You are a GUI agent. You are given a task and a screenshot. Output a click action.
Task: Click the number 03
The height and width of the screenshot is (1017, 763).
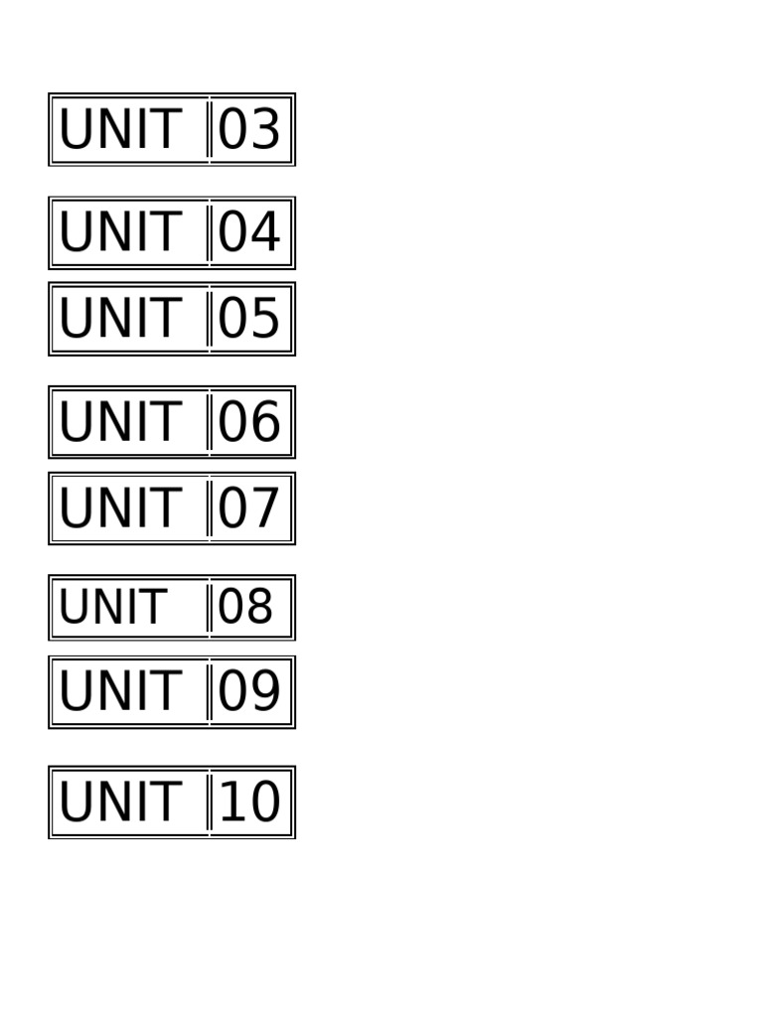(x=249, y=130)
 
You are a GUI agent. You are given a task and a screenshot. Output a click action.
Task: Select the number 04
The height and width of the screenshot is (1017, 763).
(x=249, y=233)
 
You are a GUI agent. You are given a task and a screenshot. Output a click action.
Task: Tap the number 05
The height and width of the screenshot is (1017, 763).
(x=249, y=320)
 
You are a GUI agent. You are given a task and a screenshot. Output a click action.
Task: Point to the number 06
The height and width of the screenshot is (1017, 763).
(x=249, y=423)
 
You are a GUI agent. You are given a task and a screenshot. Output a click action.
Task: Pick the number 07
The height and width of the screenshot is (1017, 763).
(x=249, y=509)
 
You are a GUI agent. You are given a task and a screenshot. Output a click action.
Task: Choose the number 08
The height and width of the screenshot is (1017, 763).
(x=245, y=608)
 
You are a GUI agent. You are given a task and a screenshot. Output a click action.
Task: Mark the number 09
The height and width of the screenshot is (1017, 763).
(x=249, y=692)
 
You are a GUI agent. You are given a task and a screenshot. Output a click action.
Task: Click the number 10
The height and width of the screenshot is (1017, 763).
(x=249, y=802)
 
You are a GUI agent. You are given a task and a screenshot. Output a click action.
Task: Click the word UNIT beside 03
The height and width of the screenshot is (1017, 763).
(x=119, y=130)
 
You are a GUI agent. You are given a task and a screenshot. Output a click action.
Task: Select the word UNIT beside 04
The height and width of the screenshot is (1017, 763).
(x=119, y=233)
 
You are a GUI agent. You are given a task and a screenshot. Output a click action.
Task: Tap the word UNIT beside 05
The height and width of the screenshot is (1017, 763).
(x=119, y=320)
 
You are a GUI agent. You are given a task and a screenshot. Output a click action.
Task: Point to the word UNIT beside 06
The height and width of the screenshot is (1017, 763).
(x=119, y=423)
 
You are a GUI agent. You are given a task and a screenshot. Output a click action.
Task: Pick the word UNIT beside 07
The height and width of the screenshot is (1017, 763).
(x=119, y=509)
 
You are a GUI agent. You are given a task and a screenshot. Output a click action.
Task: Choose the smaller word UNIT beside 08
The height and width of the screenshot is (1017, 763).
(x=112, y=608)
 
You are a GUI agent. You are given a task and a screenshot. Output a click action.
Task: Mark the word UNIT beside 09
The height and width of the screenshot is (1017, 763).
(x=119, y=692)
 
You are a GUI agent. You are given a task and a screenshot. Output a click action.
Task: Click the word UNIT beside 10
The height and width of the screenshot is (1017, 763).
(x=119, y=802)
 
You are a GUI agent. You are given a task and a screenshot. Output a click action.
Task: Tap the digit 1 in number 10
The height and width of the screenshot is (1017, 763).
(x=232, y=802)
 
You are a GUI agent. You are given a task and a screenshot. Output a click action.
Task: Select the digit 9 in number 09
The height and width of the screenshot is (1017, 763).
(x=265, y=692)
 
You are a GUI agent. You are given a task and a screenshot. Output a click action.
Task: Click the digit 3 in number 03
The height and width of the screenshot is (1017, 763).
(x=265, y=130)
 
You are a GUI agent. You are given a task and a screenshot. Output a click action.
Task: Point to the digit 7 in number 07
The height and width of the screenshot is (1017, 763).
(x=265, y=509)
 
